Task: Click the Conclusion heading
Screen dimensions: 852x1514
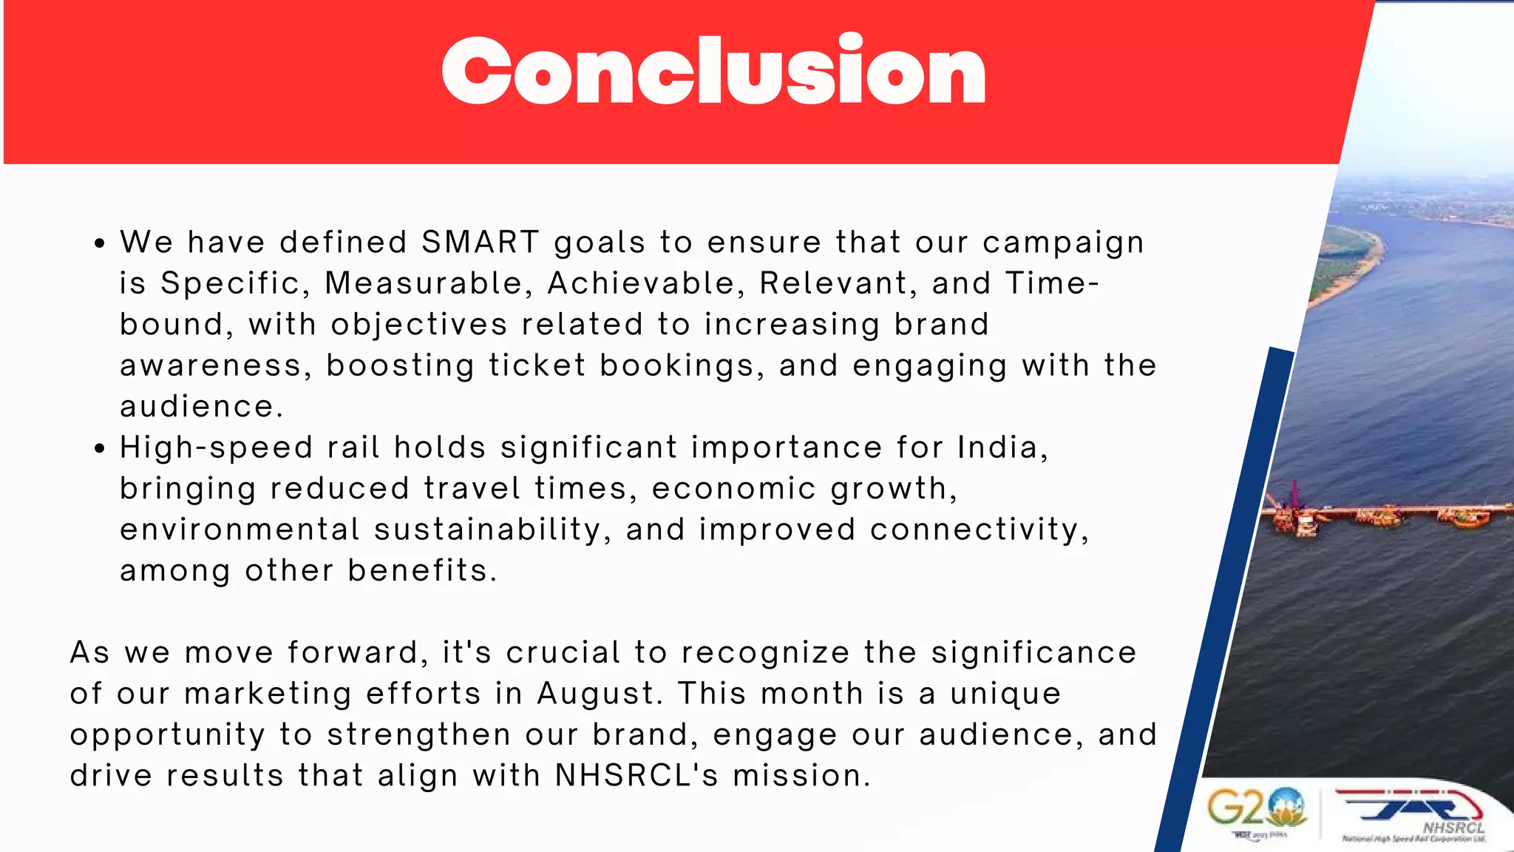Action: click(713, 71)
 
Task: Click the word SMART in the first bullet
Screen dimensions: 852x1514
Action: click(481, 243)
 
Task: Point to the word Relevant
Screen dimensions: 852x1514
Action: click(838, 283)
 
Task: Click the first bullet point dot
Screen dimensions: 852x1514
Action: click(100, 244)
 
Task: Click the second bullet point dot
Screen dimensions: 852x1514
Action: click(100, 449)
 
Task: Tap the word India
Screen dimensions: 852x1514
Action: click(1002, 447)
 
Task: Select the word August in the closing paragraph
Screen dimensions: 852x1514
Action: click(596, 694)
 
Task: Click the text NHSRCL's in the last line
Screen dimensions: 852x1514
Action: click(637, 776)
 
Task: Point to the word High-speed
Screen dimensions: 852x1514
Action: click(216, 448)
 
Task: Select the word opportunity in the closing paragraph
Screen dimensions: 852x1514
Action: click(168, 735)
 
